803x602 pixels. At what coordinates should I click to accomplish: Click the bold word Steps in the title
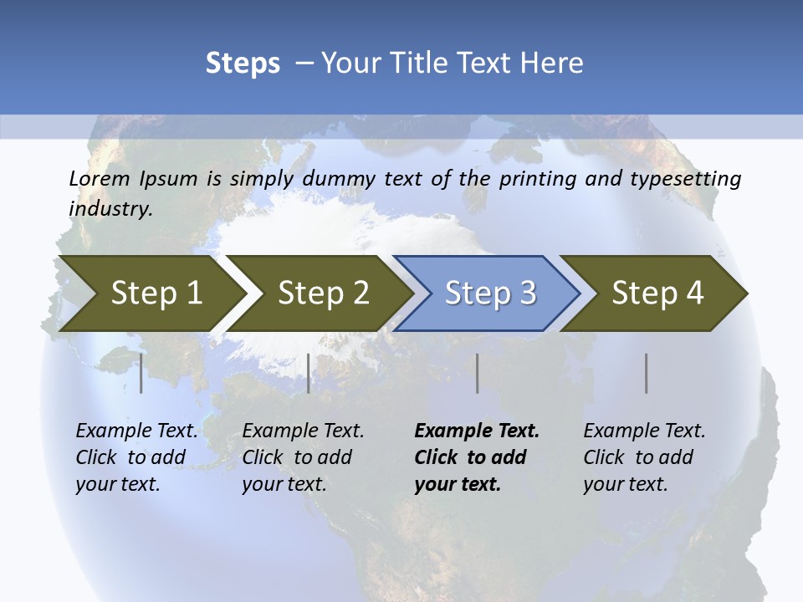pos(243,64)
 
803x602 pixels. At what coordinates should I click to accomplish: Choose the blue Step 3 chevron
pos(490,293)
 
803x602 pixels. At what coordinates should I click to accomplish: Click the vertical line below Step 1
pos(141,373)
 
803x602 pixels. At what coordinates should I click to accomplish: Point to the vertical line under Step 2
pos(309,373)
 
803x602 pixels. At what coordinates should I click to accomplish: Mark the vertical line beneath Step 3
pos(477,373)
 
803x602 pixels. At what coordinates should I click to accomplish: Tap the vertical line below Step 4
pos(647,373)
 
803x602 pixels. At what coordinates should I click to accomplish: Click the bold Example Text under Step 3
pos(477,431)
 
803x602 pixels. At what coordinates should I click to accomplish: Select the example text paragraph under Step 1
pos(136,457)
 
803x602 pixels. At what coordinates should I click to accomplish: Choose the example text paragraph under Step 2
pos(303,457)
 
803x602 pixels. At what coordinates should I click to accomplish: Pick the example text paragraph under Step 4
pos(644,457)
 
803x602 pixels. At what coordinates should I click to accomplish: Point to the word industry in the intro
pos(110,208)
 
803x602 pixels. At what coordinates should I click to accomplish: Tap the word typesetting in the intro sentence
pos(692,179)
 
